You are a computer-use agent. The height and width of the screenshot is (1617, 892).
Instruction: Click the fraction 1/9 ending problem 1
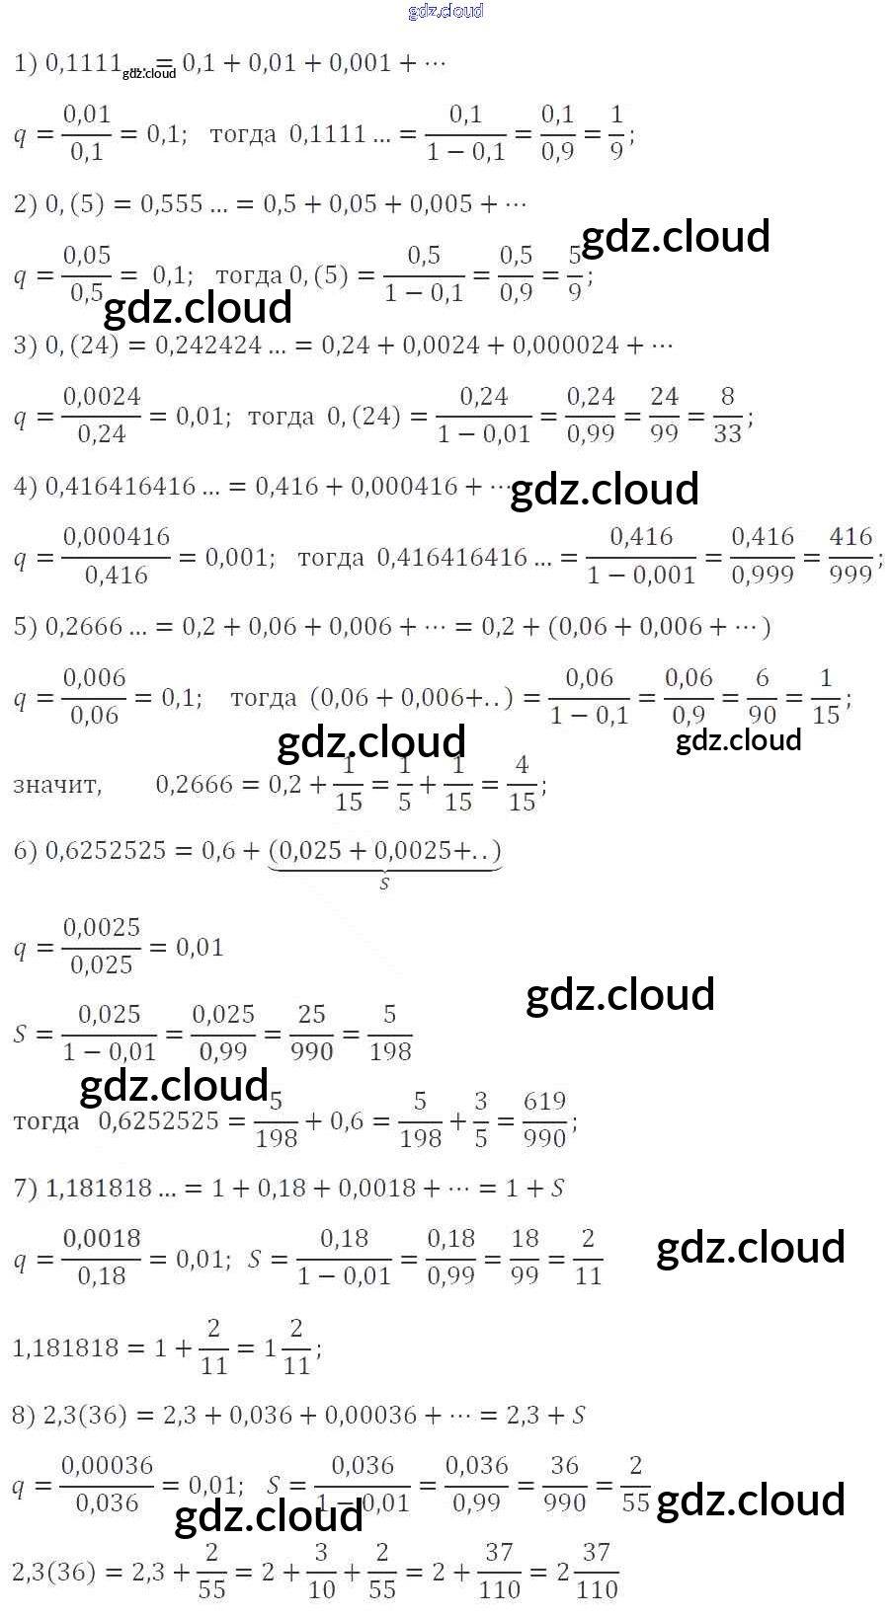click(x=616, y=133)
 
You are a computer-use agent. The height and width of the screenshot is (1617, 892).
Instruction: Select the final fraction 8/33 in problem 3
click(x=727, y=416)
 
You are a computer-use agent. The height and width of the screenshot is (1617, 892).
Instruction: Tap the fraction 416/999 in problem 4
click(x=851, y=556)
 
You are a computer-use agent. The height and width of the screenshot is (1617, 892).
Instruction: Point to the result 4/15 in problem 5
click(x=522, y=783)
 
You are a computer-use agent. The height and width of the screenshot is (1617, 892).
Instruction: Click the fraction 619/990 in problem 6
click(x=544, y=1120)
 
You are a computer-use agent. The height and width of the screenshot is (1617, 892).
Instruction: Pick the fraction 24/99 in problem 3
click(x=664, y=416)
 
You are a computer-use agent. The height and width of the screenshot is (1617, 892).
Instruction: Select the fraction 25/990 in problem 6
click(x=311, y=1034)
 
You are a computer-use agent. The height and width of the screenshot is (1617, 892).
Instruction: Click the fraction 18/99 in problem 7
click(x=525, y=1258)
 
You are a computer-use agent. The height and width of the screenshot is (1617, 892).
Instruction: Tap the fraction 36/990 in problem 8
click(x=564, y=1485)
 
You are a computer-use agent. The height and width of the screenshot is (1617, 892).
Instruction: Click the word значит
click(x=56, y=786)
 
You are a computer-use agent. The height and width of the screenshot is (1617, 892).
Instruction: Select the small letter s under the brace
click(x=384, y=884)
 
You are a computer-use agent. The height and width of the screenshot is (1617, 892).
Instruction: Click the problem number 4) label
click(x=25, y=487)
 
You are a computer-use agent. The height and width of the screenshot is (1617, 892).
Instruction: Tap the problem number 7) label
click(x=25, y=1188)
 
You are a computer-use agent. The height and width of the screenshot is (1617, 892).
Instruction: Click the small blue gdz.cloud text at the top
click(x=446, y=12)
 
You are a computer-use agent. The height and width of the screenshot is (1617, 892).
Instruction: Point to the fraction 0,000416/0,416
click(x=116, y=556)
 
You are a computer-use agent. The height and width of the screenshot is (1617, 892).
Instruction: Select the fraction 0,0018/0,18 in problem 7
click(x=102, y=1258)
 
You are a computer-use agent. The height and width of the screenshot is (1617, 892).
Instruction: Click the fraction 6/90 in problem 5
click(x=762, y=697)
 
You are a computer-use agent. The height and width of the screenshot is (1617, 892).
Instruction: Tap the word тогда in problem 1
click(x=243, y=134)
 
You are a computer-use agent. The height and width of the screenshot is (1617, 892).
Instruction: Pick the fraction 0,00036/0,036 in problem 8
click(x=107, y=1485)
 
